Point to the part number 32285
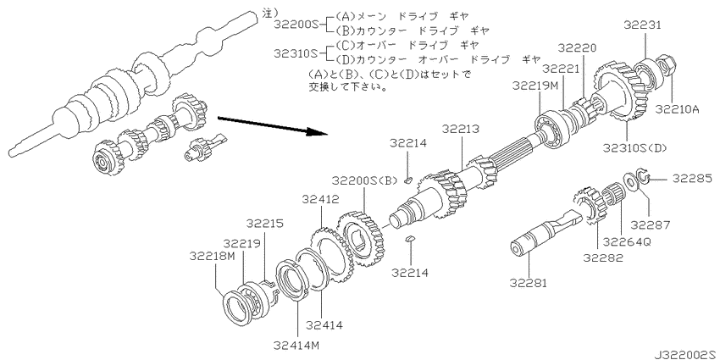692,179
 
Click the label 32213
461,129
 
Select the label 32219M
534,86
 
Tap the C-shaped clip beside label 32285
648,179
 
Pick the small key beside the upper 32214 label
408,180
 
